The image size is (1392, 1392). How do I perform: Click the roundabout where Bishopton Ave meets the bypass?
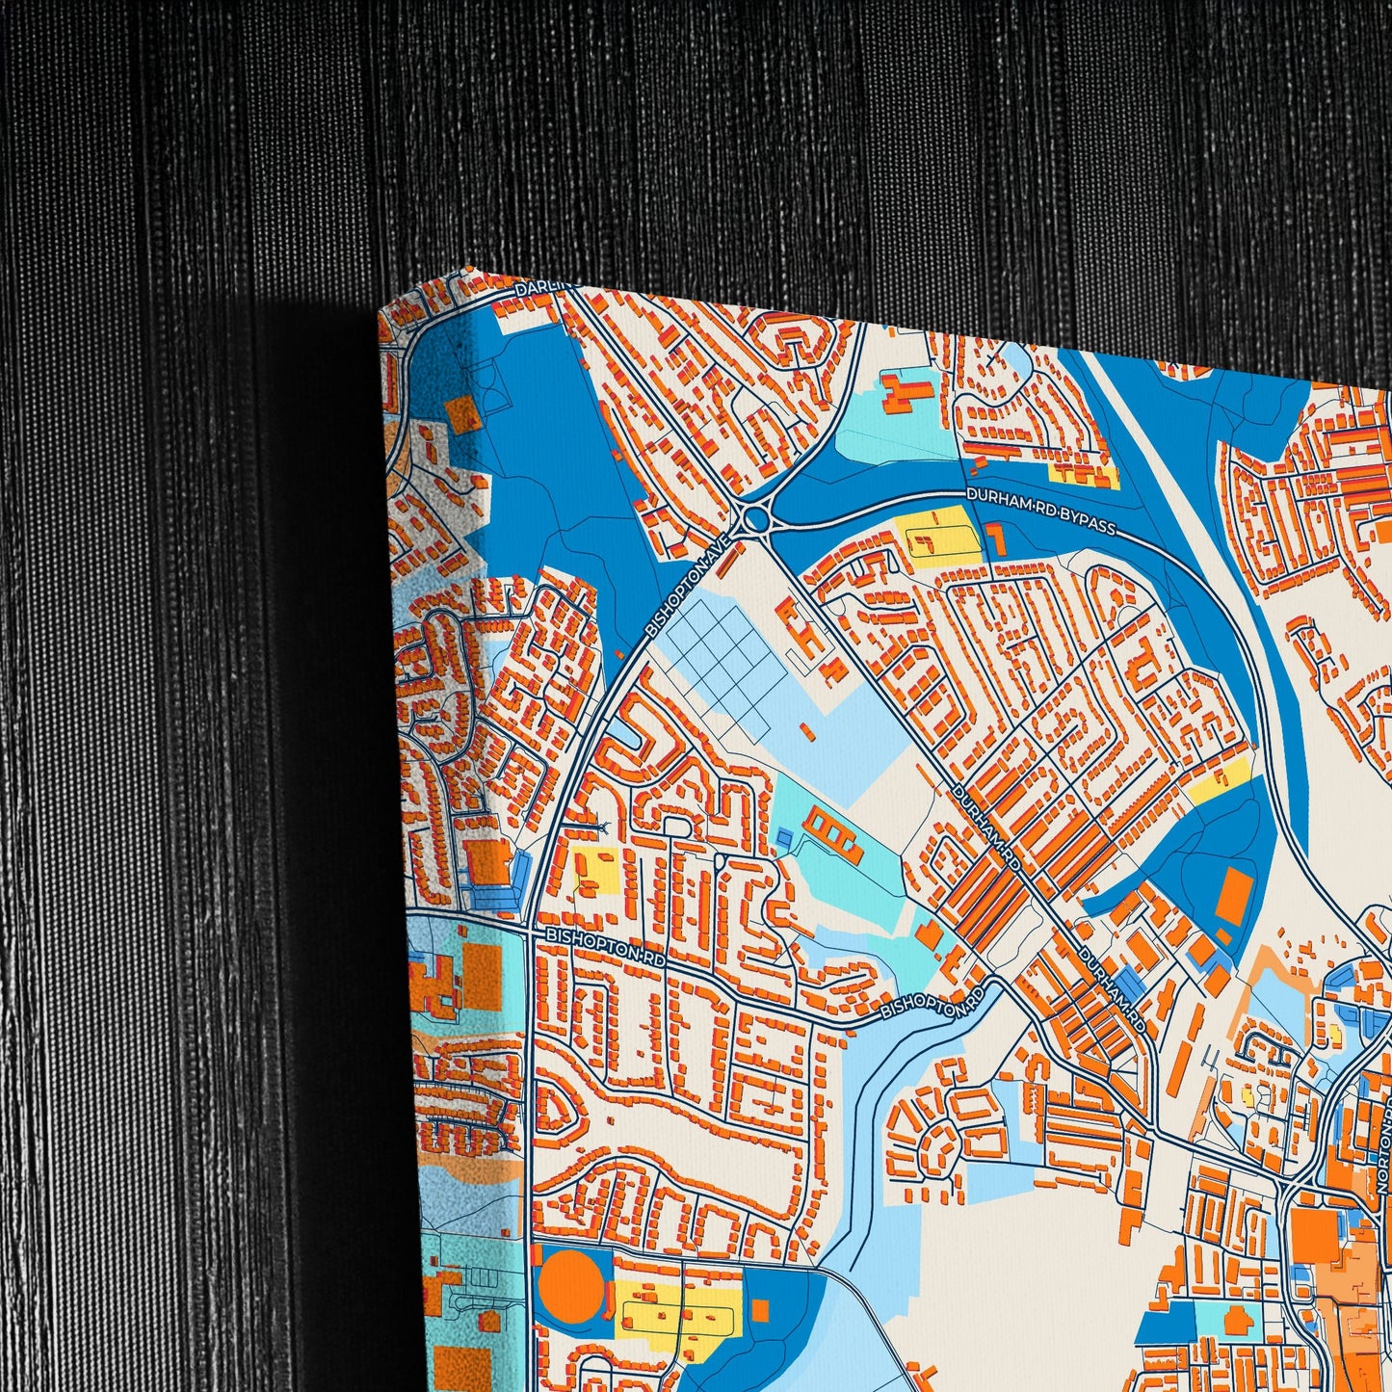pyautogui.click(x=757, y=520)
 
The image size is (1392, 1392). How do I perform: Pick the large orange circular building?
pyautogui.click(x=570, y=1282)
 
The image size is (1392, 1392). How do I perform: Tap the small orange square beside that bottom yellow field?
pyautogui.click(x=761, y=1310)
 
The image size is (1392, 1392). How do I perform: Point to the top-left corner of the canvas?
pyautogui.click(x=380, y=314)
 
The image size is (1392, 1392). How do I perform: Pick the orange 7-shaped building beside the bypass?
pyautogui.click(x=996, y=539)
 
